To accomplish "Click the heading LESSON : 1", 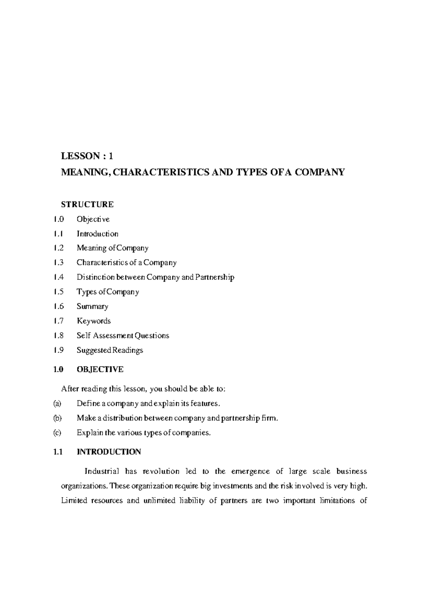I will (87, 156).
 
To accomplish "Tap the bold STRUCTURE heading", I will (87, 204).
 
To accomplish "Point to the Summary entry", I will (92, 306).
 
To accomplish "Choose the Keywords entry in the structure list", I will (94, 321).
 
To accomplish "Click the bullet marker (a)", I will (57, 403).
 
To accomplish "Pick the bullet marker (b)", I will (57, 418).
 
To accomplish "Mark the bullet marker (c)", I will (57, 433).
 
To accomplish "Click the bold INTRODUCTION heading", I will (109, 452).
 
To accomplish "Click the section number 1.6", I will (58, 306).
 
